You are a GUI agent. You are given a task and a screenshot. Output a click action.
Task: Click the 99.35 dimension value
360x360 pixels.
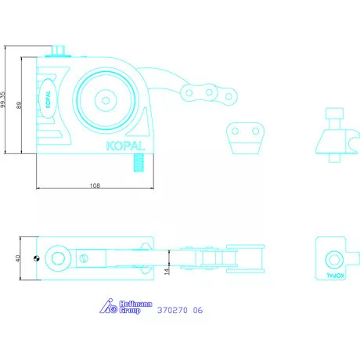point(3,99)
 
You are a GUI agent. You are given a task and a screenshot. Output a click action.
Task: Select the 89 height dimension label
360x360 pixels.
point(19,105)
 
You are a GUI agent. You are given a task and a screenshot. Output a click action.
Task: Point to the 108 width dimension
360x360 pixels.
point(95,185)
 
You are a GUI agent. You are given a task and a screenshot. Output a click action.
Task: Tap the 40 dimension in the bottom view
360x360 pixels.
point(18,258)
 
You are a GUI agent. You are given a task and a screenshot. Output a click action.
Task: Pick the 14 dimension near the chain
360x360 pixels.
point(167,271)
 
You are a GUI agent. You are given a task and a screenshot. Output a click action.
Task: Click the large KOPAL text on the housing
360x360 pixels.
point(125,146)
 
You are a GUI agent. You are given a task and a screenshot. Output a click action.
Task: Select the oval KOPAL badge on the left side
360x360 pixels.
point(48,99)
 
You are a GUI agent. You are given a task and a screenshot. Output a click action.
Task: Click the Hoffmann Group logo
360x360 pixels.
point(126,307)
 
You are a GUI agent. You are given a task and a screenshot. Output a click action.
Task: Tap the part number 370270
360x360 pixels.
point(172,310)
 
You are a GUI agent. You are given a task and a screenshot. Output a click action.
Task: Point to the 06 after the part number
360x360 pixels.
point(198,310)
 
